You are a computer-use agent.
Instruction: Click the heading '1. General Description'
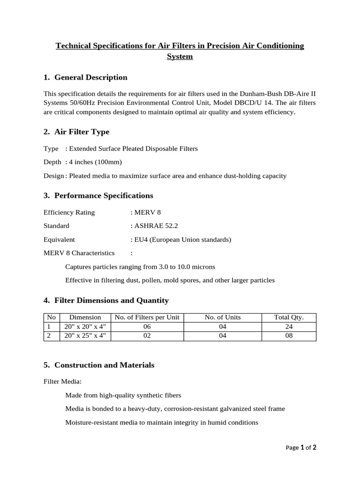click(x=85, y=77)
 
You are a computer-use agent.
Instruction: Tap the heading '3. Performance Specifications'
click(x=98, y=195)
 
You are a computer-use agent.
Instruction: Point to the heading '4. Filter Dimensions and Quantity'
click(x=106, y=300)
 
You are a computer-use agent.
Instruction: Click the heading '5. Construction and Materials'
click(x=99, y=365)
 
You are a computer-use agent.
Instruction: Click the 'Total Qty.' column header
click(x=289, y=317)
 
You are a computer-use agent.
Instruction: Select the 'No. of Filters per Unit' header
click(x=147, y=317)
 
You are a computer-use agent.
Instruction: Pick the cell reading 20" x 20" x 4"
click(x=85, y=327)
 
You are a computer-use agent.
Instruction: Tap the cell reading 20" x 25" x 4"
click(x=85, y=336)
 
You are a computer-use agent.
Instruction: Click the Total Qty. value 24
click(x=289, y=327)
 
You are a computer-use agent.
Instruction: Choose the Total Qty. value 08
click(x=289, y=336)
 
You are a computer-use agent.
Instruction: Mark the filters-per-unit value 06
click(x=147, y=327)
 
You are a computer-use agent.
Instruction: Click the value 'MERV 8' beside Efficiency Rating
click(x=147, y=212)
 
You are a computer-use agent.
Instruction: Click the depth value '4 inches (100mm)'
click(x=96, y=162)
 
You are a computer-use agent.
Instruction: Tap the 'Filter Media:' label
click(x=62, y=382)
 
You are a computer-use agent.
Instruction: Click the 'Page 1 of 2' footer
click(x=301, y=448)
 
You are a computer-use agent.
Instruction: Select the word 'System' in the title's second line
click(x=180, y=57)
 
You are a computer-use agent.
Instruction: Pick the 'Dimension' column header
click(x=85, y=317)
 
